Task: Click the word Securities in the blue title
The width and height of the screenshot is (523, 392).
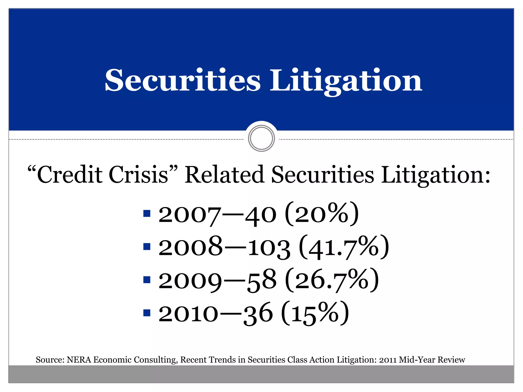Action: (183, 80)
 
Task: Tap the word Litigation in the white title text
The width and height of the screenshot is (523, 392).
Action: (346, 81)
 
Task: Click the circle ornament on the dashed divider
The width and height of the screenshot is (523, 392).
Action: (261, 138)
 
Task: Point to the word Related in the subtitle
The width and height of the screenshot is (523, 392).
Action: (224, 175)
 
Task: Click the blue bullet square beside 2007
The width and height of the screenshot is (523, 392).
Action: (147, 213)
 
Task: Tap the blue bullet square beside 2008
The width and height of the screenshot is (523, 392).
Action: (147, 247)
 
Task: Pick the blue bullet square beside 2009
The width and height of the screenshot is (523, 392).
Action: (147, 280)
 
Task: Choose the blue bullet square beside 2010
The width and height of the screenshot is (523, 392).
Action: (147, 313)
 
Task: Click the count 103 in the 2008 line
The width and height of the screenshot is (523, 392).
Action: (269, 248)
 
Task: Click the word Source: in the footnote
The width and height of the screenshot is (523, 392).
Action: (50, 360)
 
